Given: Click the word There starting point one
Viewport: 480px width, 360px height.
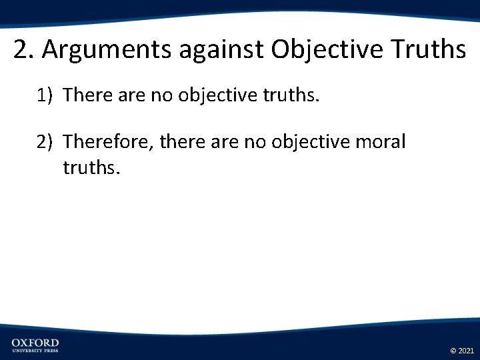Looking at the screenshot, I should click(88, 96).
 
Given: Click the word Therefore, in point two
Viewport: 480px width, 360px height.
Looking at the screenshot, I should click(108, 142).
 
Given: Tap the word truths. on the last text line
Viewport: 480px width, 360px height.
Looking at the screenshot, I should click(91, 166).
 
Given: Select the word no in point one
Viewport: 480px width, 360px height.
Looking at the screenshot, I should click(161, 96).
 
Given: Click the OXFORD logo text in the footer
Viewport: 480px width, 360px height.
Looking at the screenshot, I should click(35, 343).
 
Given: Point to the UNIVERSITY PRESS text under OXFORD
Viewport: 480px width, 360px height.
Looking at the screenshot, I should click(35, 351).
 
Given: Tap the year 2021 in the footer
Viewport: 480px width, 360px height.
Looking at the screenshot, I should click(465, 350).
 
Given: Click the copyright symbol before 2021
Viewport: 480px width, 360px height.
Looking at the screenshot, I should click(453, 350).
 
